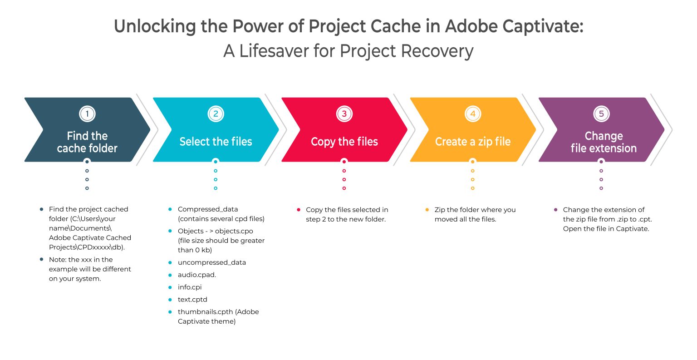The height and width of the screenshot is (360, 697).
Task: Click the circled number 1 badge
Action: [87, 113]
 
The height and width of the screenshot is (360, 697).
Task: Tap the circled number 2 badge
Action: [216, 113]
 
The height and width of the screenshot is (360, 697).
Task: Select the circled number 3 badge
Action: [344, 113]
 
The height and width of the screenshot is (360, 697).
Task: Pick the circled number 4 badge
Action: [473, 113]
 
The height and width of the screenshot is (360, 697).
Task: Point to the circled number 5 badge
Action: [601, 113]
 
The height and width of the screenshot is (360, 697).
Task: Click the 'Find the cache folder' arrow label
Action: [87, 142]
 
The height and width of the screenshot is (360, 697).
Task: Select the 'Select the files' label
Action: [216, 142]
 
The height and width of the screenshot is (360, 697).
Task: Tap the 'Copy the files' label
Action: [344, 142]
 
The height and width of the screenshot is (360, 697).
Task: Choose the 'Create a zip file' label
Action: [473, 142]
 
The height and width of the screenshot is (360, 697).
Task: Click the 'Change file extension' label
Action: [604, 142]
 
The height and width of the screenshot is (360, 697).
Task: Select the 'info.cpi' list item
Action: [190, 287]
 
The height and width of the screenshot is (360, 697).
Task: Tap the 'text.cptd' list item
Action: [192, 299]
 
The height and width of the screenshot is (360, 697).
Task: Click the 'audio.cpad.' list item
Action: [197, 275]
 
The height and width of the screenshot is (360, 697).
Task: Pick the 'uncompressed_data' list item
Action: [212, 262]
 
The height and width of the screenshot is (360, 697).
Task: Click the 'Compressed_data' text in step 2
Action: [208, 209]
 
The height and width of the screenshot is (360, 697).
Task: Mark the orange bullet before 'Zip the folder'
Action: [427, 210]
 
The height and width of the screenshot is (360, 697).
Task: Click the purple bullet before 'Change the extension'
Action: [555, 210]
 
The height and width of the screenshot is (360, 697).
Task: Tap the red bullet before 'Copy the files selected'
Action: [299, 210]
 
